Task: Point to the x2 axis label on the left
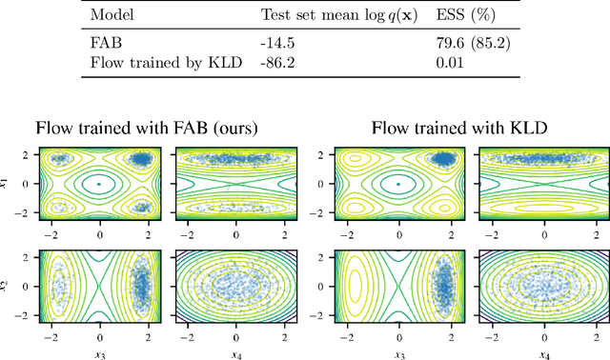click(x=10, y=286)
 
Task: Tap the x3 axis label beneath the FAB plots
click(x=100, y=353)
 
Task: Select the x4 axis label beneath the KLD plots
click(x=543, y=353)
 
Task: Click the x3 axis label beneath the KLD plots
click(x=397, y=353)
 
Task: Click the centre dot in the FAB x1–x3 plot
click(x=100, y=184)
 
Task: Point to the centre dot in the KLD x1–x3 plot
click(x=397, y=184)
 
